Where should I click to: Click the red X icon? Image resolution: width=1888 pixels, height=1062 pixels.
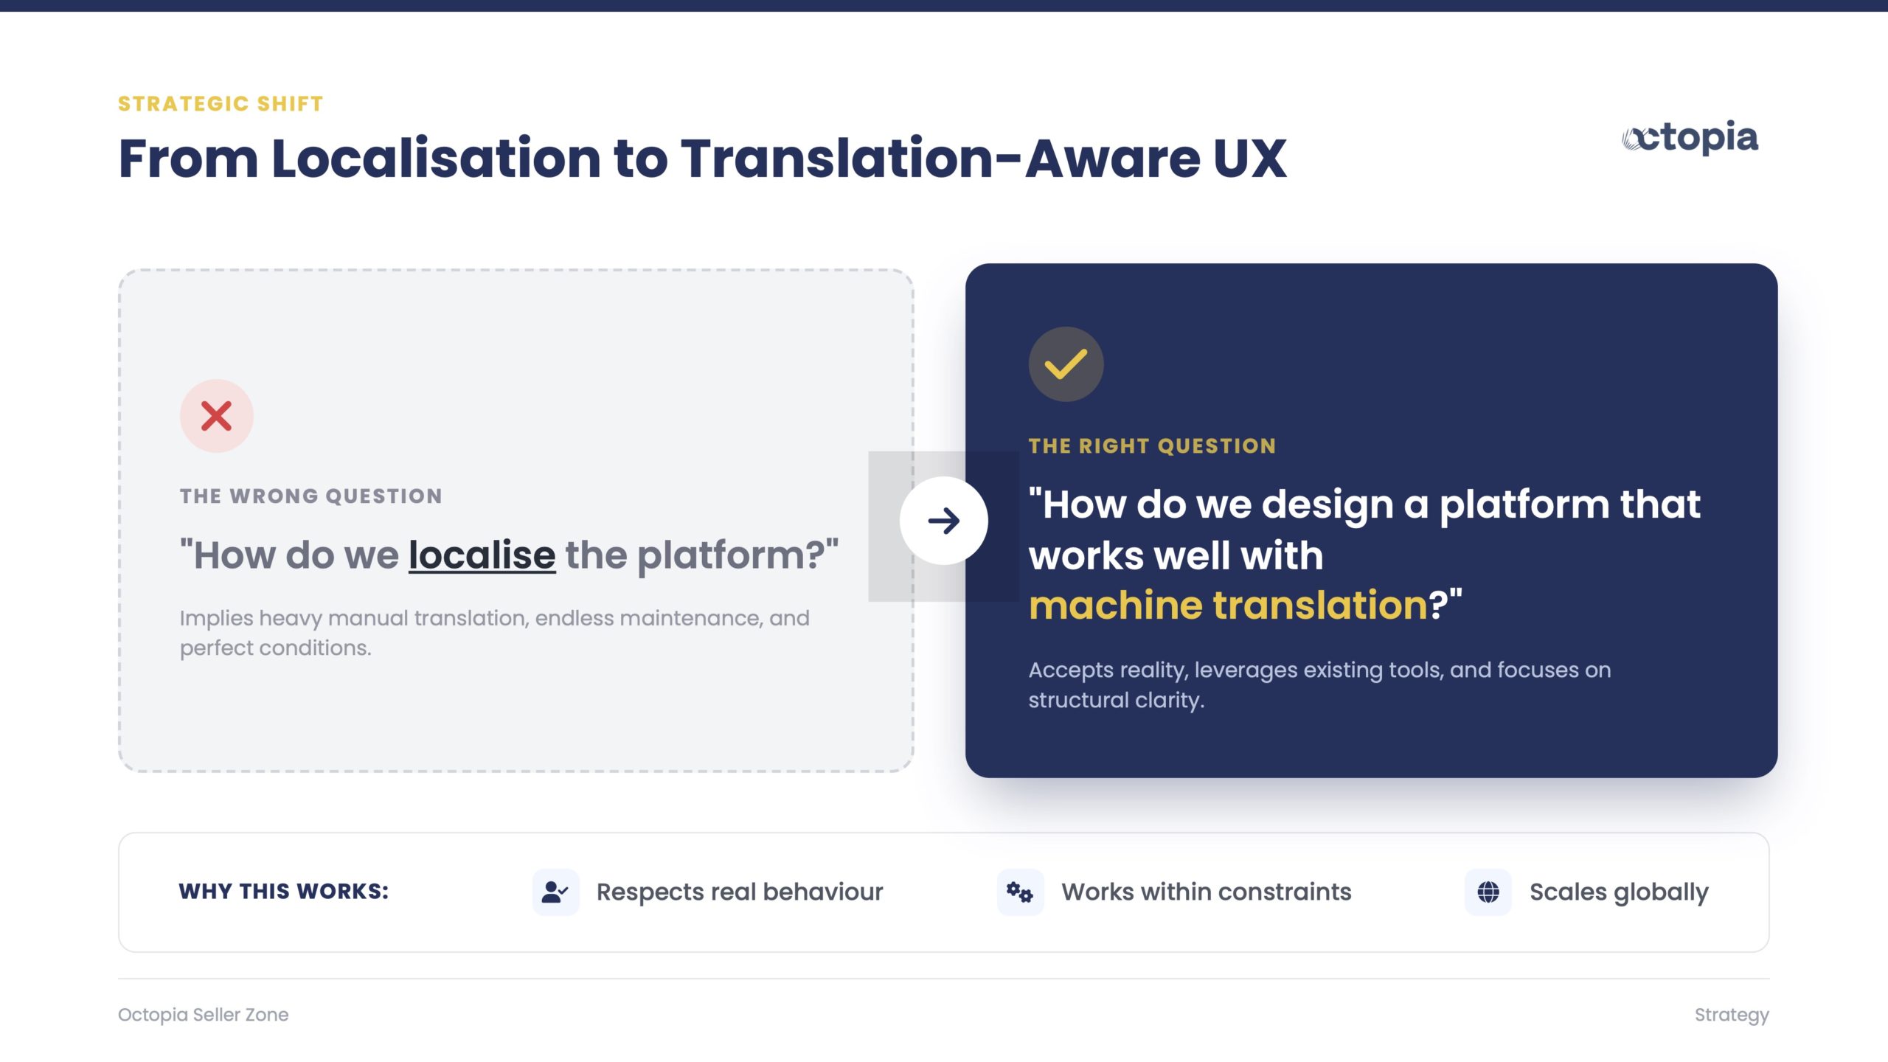[x=216, y=416]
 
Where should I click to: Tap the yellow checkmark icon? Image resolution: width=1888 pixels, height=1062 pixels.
[x=1066, y=364]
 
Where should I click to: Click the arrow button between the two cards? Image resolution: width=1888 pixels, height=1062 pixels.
[x=943, y=521]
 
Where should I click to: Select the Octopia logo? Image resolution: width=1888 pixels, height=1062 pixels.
[x=1690, y=138]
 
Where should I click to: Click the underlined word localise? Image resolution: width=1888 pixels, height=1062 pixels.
[x=482, y=555]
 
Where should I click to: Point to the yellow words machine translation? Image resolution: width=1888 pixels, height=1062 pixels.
[x=1229, y=605]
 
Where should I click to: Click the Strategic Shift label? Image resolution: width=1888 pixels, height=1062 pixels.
[x=221, y=104]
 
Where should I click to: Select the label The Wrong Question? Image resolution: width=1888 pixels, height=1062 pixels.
[x=310, y=496]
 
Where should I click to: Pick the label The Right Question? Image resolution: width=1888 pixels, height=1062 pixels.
[x=1152, y=445]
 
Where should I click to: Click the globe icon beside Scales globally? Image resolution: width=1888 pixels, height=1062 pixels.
[x=1488, y=892]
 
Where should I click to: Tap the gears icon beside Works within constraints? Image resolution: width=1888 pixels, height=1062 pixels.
[x=1020, y=892]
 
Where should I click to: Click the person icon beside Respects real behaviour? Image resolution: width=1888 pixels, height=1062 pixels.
[x=555, y=892]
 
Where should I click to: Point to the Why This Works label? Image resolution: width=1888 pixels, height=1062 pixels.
[x=283, y=892]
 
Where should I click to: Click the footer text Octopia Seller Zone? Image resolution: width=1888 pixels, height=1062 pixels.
[x=204, y=1015]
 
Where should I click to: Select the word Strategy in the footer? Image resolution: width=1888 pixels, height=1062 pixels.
[x=1732, y=1016]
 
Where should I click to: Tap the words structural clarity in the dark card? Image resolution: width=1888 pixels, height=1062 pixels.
[x=1116, y=700]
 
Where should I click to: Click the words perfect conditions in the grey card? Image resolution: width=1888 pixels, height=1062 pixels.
[x=275, y=648]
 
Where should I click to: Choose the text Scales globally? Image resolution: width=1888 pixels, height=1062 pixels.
[x=1619, y=892]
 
